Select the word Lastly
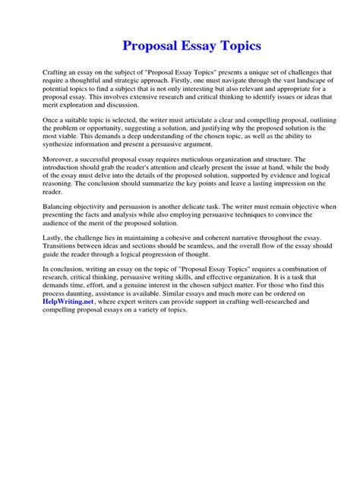(55, 245)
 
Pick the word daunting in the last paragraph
(87, 293)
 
